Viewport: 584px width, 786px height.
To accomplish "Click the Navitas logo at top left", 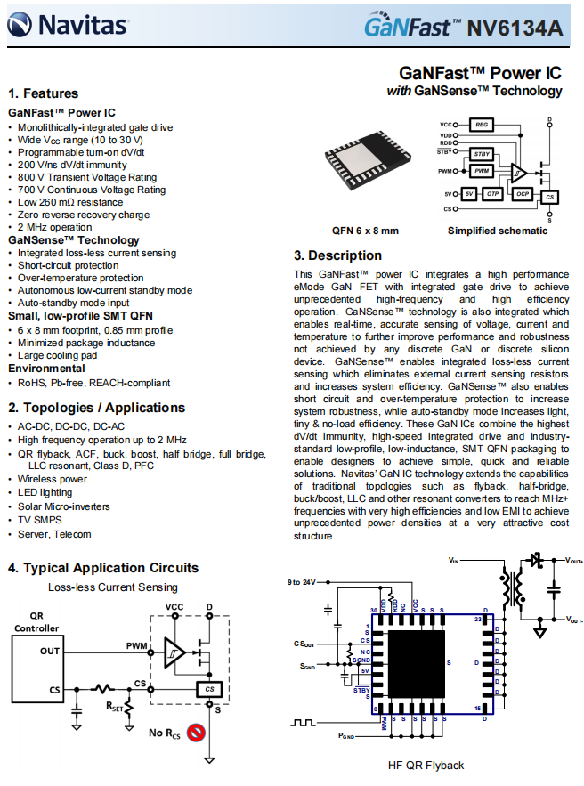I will pos(66,27).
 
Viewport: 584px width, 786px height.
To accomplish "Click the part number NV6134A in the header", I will pos(515,28).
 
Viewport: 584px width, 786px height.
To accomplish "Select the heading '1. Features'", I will pos(44,93).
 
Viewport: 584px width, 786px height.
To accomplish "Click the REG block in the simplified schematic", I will pos(481,125).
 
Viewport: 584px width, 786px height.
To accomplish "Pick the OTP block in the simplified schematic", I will pos(492,193).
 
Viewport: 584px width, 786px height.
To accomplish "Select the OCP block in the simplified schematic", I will pos(523,193).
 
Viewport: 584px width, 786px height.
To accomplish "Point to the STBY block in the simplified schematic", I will pos(482,154).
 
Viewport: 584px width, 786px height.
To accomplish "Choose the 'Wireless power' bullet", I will pos(53,479).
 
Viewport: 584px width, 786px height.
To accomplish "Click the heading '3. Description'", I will pos(337,255).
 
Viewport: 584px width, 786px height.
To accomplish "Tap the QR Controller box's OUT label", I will pos(50,651).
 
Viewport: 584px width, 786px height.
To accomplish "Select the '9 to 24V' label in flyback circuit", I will pos(303,582).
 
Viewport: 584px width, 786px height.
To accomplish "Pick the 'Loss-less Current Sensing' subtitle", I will pos(112,587).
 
